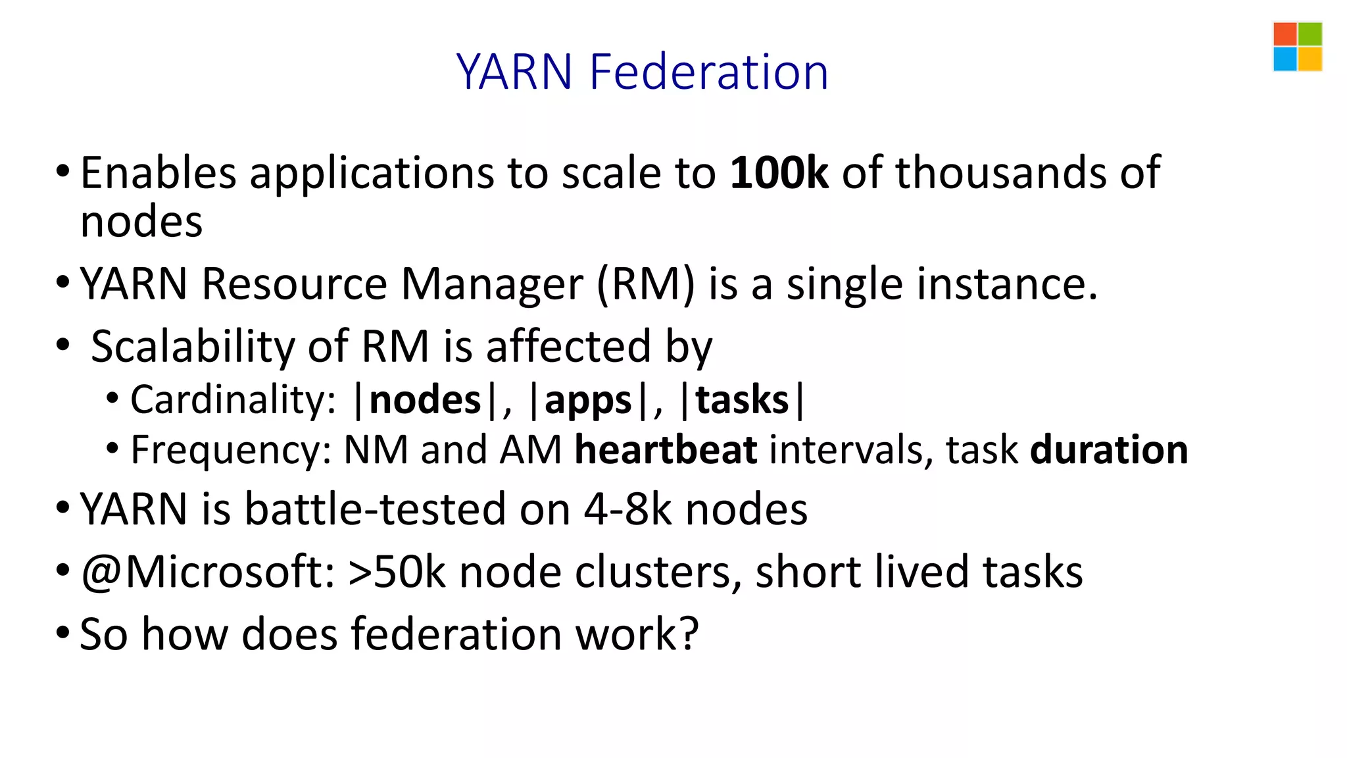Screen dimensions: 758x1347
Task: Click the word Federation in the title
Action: (708, 72)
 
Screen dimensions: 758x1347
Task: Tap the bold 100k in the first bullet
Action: (779, 173)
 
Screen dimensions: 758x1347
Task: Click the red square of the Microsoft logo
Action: (1285, 34)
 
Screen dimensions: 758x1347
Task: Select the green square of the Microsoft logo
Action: (1310, 34)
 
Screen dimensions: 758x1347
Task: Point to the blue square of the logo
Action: (1285, 59)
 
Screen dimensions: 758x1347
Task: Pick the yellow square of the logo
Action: (1310, 59)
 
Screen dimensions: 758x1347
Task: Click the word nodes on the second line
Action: (141, 222)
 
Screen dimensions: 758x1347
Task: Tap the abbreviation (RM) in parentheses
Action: (645, 284)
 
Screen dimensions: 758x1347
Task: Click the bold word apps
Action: (588, 400)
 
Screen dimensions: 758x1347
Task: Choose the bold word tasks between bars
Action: (742, 400)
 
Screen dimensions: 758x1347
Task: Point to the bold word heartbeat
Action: (666, 450)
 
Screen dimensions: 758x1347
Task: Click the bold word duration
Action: (1109, 450)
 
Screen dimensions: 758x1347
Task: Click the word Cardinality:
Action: (233, 400)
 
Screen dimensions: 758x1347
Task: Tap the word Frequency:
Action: (231, 450)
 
